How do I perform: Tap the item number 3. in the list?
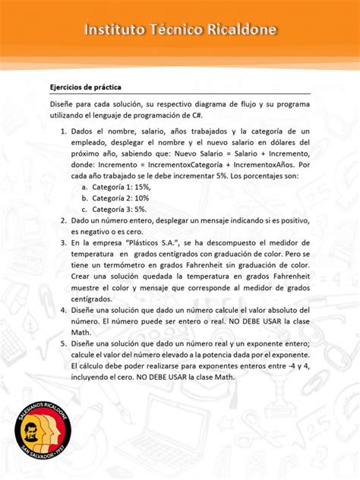click(x=64, y=242)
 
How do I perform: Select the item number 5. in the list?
click(x=64, y=343)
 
